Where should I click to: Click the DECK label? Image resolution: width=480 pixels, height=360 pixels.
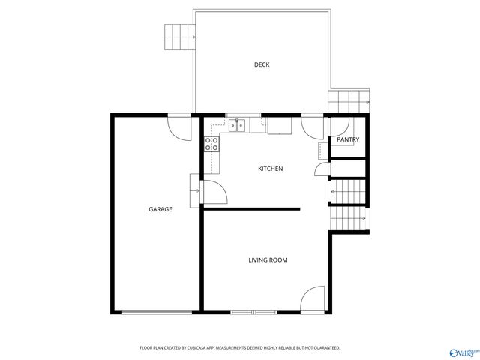pos(261,64)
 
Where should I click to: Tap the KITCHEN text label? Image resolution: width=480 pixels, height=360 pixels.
pos(270,169)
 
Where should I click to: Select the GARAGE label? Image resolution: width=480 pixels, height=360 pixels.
pos(160,209)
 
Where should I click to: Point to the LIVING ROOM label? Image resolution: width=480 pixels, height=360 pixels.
pos(268,260)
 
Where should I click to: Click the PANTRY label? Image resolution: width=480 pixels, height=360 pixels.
pos(348,139)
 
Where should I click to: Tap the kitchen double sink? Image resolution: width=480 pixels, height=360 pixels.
pos(237,125)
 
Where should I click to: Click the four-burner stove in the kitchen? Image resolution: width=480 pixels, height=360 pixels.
pos(212,142)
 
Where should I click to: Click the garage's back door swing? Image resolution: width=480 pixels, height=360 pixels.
pos(180,127)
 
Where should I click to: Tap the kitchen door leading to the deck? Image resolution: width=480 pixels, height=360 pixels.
pos(312,125)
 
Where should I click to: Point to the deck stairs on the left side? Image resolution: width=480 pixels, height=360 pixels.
pos(179,35)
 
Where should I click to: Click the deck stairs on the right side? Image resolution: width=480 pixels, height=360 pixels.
pos(349,100)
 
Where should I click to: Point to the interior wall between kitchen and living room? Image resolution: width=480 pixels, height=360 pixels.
pos(252,209)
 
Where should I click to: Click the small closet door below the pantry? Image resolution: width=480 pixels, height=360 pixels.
pos(321,169)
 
